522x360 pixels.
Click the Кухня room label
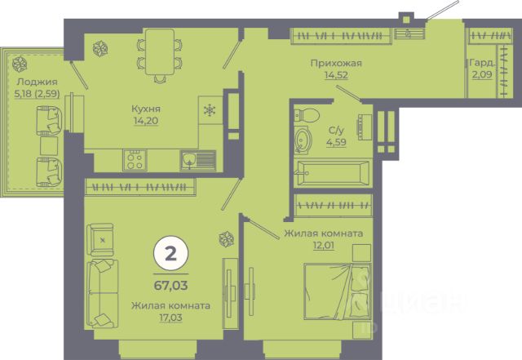pos(146,109)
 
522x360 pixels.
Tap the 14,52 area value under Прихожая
pos(336,75)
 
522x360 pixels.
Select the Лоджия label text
pos(38,82)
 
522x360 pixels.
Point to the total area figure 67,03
pos(170,286)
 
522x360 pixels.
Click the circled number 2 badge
pos(170,254)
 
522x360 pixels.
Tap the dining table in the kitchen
pos(160,51)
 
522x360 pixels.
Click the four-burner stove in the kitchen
pos(135,160)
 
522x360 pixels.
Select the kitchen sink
pos(198,160)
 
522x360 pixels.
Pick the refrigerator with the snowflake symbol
pos(210,110)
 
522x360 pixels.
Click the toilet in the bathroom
pos(307,114)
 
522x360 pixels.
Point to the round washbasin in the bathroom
pos(303,140)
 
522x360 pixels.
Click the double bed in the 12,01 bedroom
pos(338,291)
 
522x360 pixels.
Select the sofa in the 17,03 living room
pos(102,293)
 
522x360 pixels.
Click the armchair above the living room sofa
pos(100,240)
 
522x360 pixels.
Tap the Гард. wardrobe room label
pos(482,63)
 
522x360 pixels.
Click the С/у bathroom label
pos(336,130)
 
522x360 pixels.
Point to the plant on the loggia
pos(20,64)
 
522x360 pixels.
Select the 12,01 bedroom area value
pos(324,246)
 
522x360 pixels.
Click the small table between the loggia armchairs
pos(49,146)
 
